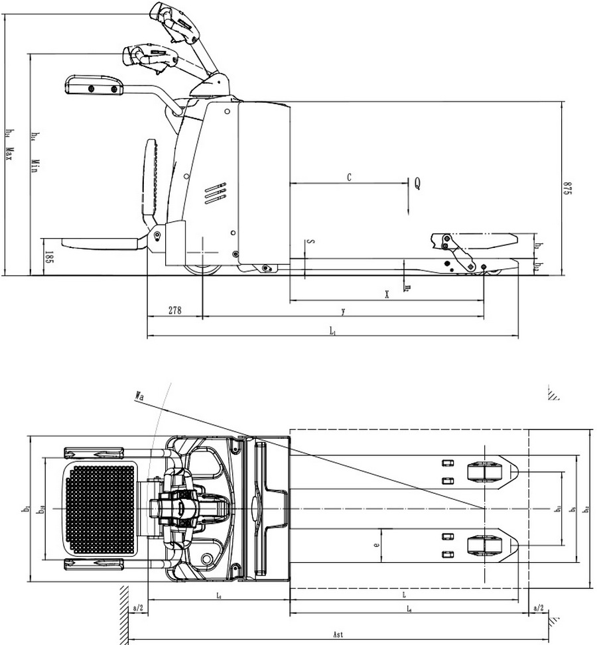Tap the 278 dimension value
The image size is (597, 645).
(175, 310)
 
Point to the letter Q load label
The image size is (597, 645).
(417, 184)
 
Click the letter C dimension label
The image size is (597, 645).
(349, 178)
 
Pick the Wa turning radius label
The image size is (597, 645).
(140, 396)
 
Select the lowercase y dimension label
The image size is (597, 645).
(343, 310)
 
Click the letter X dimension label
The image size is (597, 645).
(387, 294)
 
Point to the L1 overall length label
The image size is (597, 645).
(332, 331)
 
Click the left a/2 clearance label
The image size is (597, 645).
(138, 607)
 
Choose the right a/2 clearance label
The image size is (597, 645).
(538, 607)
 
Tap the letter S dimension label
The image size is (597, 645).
(312, 242)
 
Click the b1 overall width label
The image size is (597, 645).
(27, 509)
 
